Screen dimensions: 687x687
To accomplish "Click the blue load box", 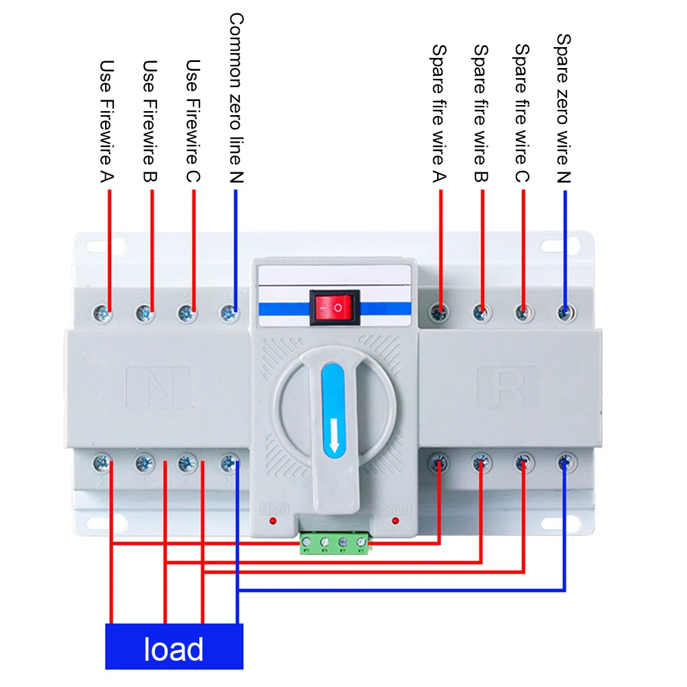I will (174, 647).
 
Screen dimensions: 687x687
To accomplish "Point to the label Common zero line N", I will (235, 98).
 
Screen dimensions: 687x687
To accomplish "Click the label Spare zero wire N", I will (563, 108).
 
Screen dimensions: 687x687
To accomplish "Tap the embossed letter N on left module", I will (159, 388).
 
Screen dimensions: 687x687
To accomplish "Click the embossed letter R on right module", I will (509, 387).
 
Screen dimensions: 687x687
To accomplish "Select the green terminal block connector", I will (335, 542).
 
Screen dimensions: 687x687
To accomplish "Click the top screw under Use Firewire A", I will (103, 312).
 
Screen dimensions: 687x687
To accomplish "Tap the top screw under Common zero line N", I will (229, 312).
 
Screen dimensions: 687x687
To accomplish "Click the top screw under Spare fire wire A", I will (440, 312).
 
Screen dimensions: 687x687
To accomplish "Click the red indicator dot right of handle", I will (395, 521).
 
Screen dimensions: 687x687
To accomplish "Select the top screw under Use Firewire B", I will (144, 312).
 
